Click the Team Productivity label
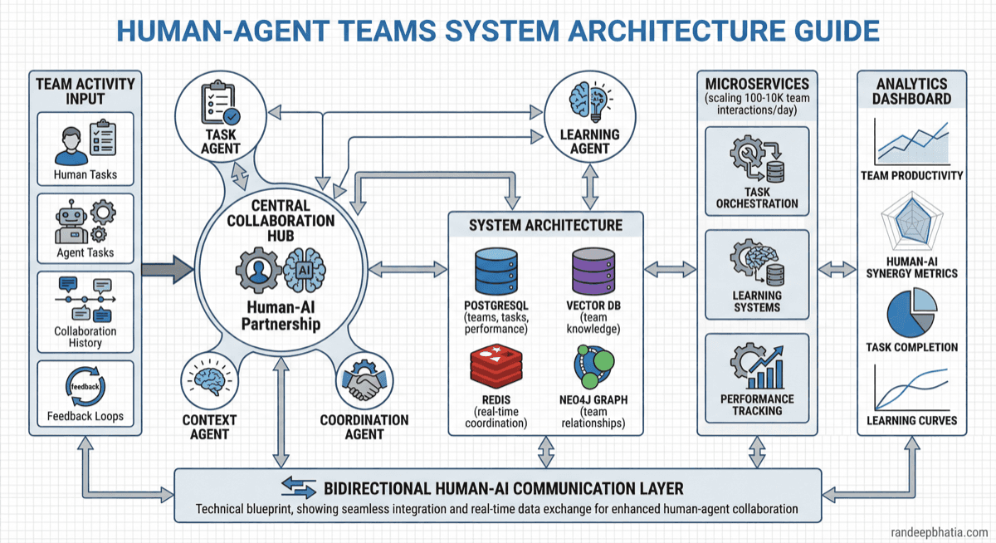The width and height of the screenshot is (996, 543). [911, 175]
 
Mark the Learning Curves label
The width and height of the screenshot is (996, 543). [911, 420]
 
